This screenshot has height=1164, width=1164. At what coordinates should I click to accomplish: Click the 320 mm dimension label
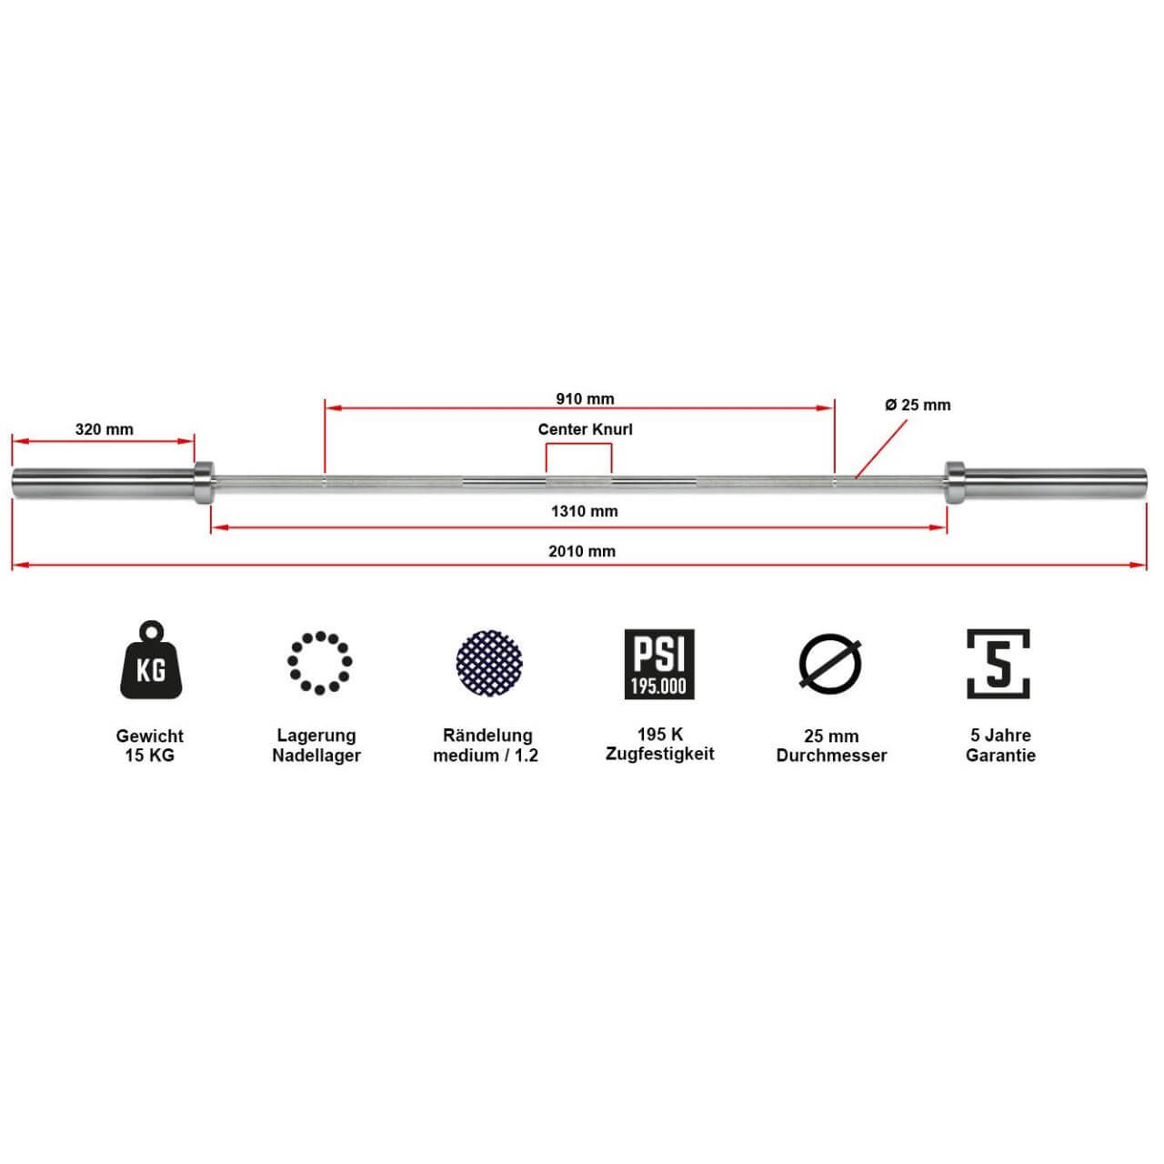[104, 429]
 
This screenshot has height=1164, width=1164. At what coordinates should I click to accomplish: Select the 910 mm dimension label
[585, 398]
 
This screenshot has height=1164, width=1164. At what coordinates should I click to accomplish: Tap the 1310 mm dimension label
[584, 511]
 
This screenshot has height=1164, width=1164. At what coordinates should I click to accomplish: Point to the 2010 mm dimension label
[582, 551]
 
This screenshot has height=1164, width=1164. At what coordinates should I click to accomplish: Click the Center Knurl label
[585, 429]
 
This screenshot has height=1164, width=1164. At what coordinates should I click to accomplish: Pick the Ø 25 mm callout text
[918, 405]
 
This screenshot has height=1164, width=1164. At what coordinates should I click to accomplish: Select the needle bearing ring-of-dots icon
[319, 662]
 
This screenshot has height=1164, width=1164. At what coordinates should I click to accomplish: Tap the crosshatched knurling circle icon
[488, 662]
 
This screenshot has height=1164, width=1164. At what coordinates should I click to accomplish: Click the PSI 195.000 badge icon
[659, 664]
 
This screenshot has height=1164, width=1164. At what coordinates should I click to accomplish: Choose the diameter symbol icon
[830, 662]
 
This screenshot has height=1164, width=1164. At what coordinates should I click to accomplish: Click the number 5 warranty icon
[998, 664]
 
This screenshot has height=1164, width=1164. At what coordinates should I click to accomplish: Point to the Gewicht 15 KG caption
[150, 746]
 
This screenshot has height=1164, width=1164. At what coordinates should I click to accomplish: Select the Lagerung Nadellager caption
[316, 746]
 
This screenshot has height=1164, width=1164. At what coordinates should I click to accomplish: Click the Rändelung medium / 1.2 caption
[486, 746]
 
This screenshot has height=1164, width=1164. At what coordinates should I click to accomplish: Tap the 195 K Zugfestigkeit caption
[660, 744]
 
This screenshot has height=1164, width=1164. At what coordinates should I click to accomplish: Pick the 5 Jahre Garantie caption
[1000, 746]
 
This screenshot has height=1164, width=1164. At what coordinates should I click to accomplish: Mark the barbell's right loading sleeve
[1055, 482]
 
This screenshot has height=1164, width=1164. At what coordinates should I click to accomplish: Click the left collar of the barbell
[204, 482]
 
